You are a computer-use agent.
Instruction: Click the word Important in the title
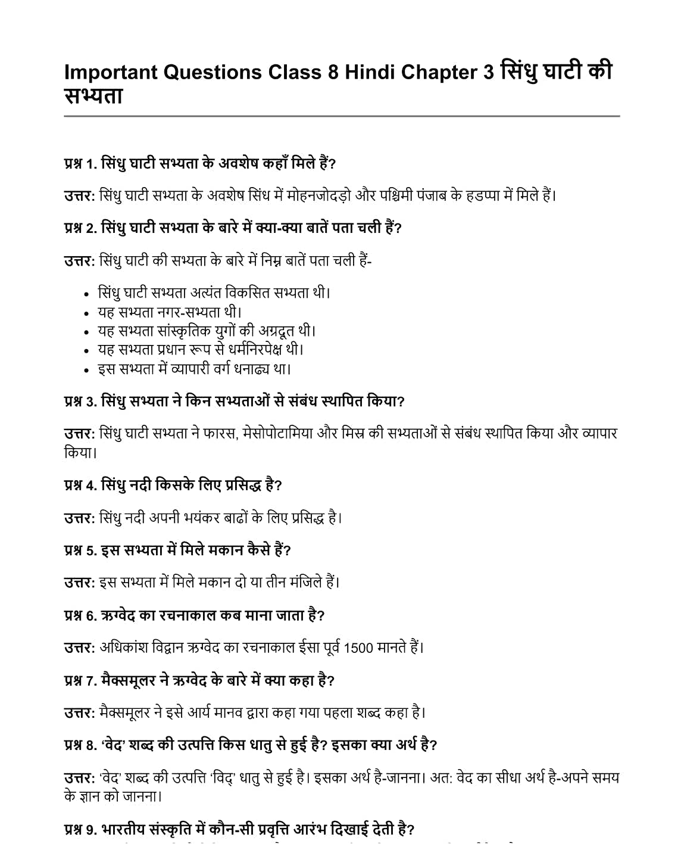(x=110, y=72)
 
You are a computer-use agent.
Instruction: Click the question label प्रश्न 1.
(x=80, y=163)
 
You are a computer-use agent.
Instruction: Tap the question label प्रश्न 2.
(x=80, y=228)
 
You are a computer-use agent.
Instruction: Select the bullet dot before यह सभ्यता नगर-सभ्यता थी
(x=87, y=313)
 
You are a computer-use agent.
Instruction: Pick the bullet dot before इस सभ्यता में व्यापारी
(x=87, y=370)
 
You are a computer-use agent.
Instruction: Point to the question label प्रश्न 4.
(x=80, y=485)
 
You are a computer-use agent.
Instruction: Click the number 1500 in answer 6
(x=358, y=648)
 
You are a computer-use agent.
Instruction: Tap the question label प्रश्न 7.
(x=80, y=680)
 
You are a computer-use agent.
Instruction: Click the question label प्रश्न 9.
(x=80, y=829)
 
